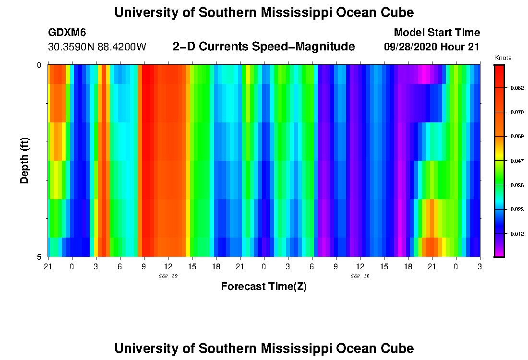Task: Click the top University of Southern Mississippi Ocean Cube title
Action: click(264, 12)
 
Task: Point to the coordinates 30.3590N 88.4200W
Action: click(97, 47)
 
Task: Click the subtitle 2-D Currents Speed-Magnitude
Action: click(264, 47)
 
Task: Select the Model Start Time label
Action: click(436, 33)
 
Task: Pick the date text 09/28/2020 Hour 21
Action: click(432, 47)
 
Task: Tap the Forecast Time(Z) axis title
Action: click(264, 287)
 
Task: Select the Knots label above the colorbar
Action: click(503, 58)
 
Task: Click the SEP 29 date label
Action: click(168, 276)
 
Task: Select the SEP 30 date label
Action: click(360, 276)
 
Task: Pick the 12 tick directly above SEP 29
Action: click(168, 266)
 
